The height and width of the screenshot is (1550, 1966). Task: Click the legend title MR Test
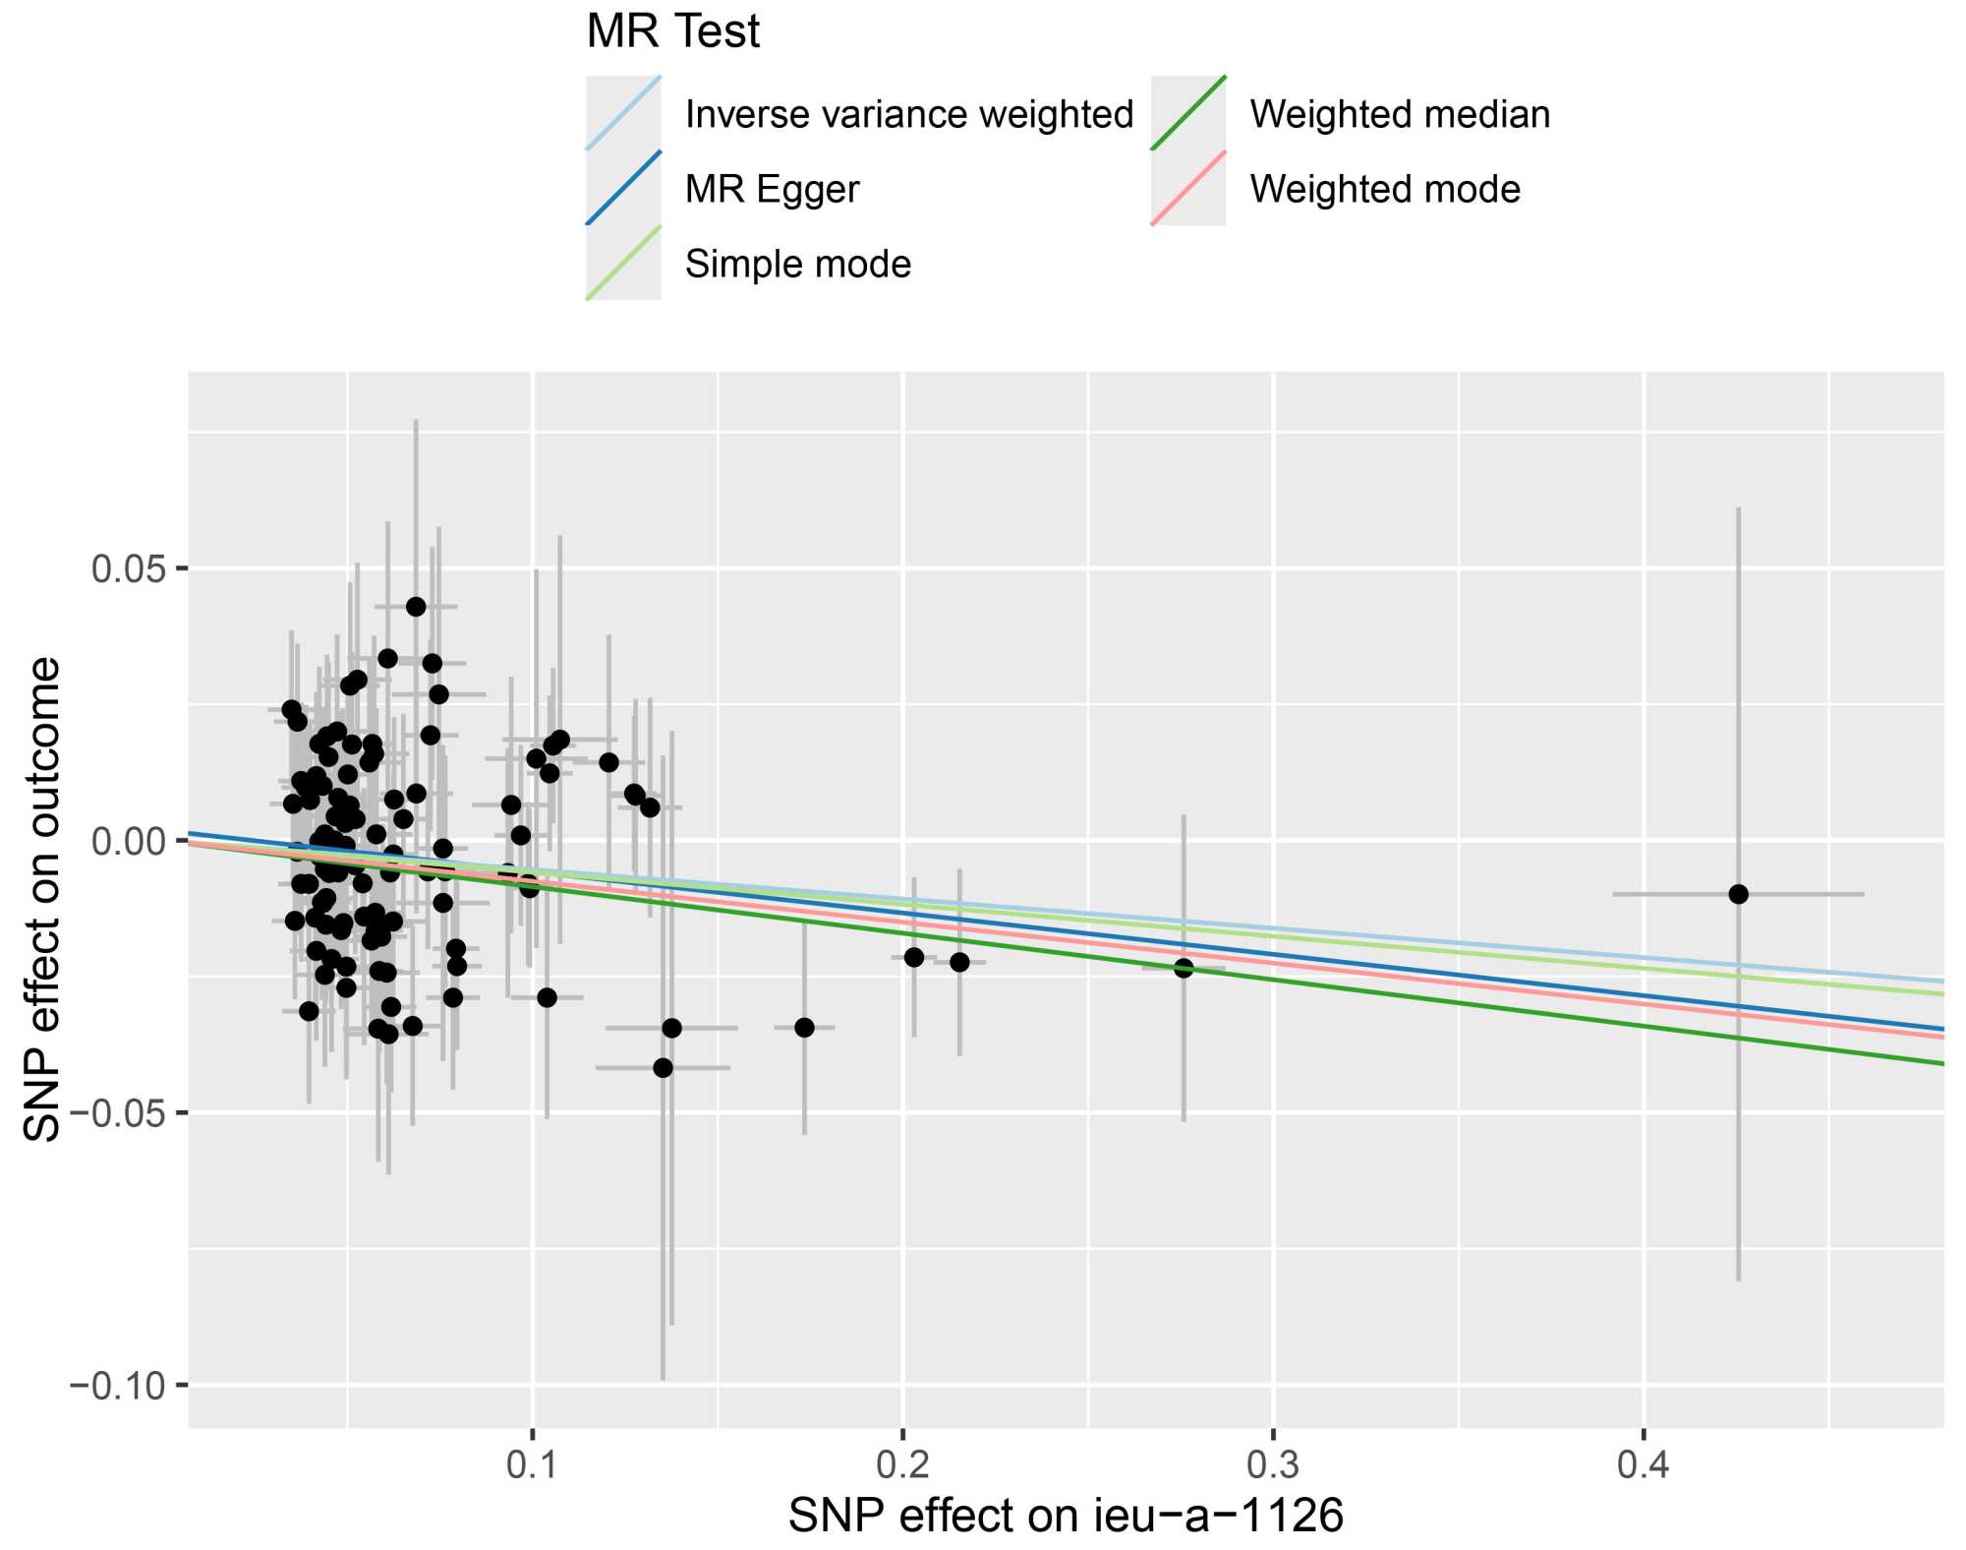(672, 31)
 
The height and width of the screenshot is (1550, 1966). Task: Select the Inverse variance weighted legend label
(908, 114)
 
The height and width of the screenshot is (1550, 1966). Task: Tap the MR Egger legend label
(772, 189)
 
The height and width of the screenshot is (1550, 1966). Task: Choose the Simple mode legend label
(797, 264)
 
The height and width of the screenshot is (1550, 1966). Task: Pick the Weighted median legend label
(1400, 114)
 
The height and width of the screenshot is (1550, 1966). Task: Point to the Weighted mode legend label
(1385, 189)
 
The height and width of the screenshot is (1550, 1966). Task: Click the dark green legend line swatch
(1187, 114)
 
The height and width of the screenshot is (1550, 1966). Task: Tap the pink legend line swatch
(1187, 189)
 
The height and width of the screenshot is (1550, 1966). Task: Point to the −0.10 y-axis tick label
(117, 1386)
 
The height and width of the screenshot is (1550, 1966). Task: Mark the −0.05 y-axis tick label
(117, 1113)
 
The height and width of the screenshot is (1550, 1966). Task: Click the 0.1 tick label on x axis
(532, 1465)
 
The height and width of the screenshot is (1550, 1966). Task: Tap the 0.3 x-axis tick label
(1273, 1465)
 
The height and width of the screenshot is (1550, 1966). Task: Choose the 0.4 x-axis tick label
(1644, 1465)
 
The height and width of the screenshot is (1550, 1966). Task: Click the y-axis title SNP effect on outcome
(43, 899)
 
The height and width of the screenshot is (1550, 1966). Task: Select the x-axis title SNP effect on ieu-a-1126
(1066, 1516)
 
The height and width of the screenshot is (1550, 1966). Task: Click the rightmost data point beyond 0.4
(1738, 894)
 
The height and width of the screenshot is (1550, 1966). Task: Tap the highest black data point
(416, 607)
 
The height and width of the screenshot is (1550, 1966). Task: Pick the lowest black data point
(664, 1068)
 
